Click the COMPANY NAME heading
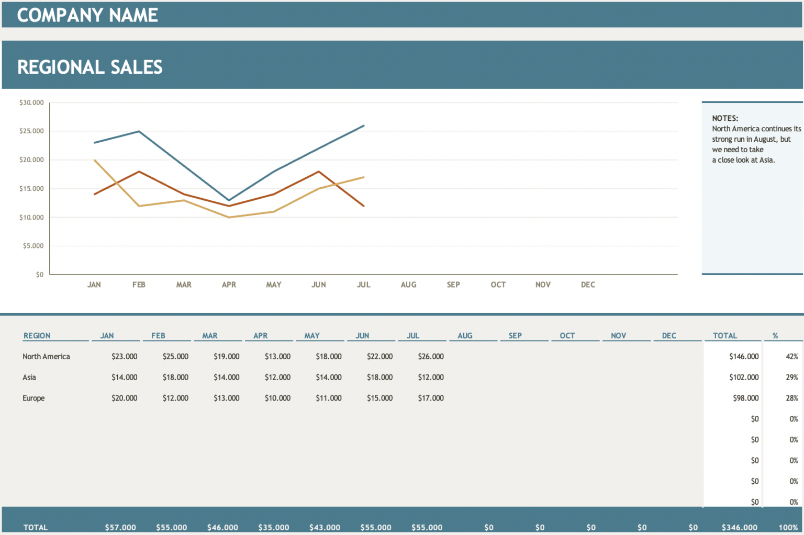[x=87, y=15]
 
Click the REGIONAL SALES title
[x=90, y=67]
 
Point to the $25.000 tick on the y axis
[x=31, y=131]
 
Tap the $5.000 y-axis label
[x=33, y=246]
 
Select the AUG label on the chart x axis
[x=408, y=285]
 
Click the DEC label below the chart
[x=588, y=285]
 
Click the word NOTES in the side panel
[x=725, y=118]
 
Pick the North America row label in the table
[x=46, y=357]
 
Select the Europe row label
[x=33, y=399]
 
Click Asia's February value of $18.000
[x=175, y=378]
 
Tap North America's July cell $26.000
[x=431, y=357]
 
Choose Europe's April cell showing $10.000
[x=277, y=399]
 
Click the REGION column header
[x=37, y=336]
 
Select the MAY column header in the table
[x=312, y=336]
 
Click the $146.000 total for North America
[x=743, y=357]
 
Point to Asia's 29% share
[x=791, y=378]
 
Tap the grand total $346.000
[x=739, y=527]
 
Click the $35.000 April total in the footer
[x=274, y=527]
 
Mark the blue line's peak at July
[x=364, y=126]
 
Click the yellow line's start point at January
[x=94, y=160]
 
